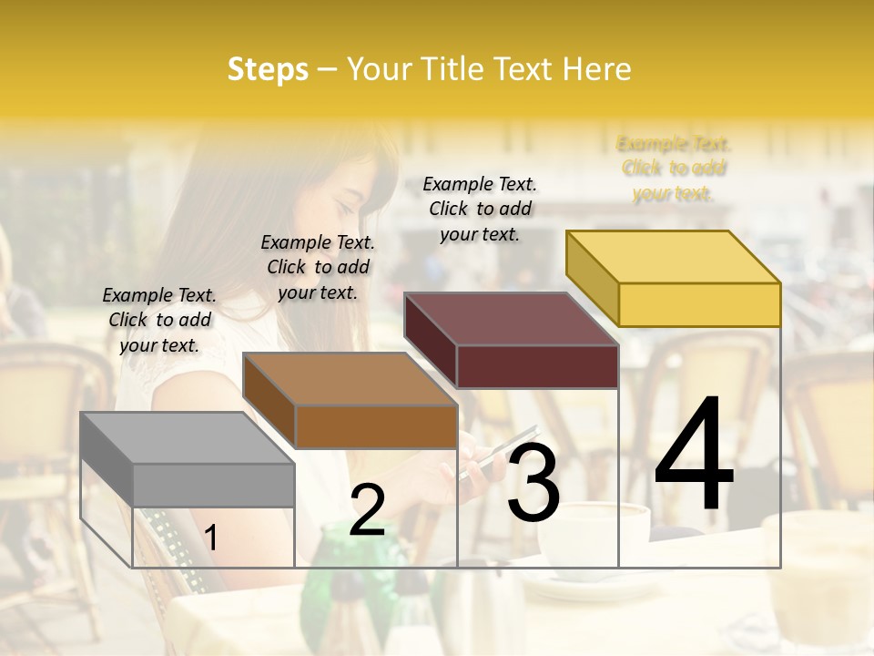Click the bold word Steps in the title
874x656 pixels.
click(x=268, y=69)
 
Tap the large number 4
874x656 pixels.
click(x=694, y=456)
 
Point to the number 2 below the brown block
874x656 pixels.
click(x=367, y=510)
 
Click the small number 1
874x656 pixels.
click(x=211, y=538)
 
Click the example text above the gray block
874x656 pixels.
click(x=159, y=320)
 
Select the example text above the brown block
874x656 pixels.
click(x=318, y=267)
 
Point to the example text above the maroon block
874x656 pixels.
click(x=480, y=209)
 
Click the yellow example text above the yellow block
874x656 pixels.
click(x=674, y=168)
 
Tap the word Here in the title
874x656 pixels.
click(x=596, y=69)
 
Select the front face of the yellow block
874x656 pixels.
click(x=699, y=304)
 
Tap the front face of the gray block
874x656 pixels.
click(x=213, y=485)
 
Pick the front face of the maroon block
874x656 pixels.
click(x=537, y=366)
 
